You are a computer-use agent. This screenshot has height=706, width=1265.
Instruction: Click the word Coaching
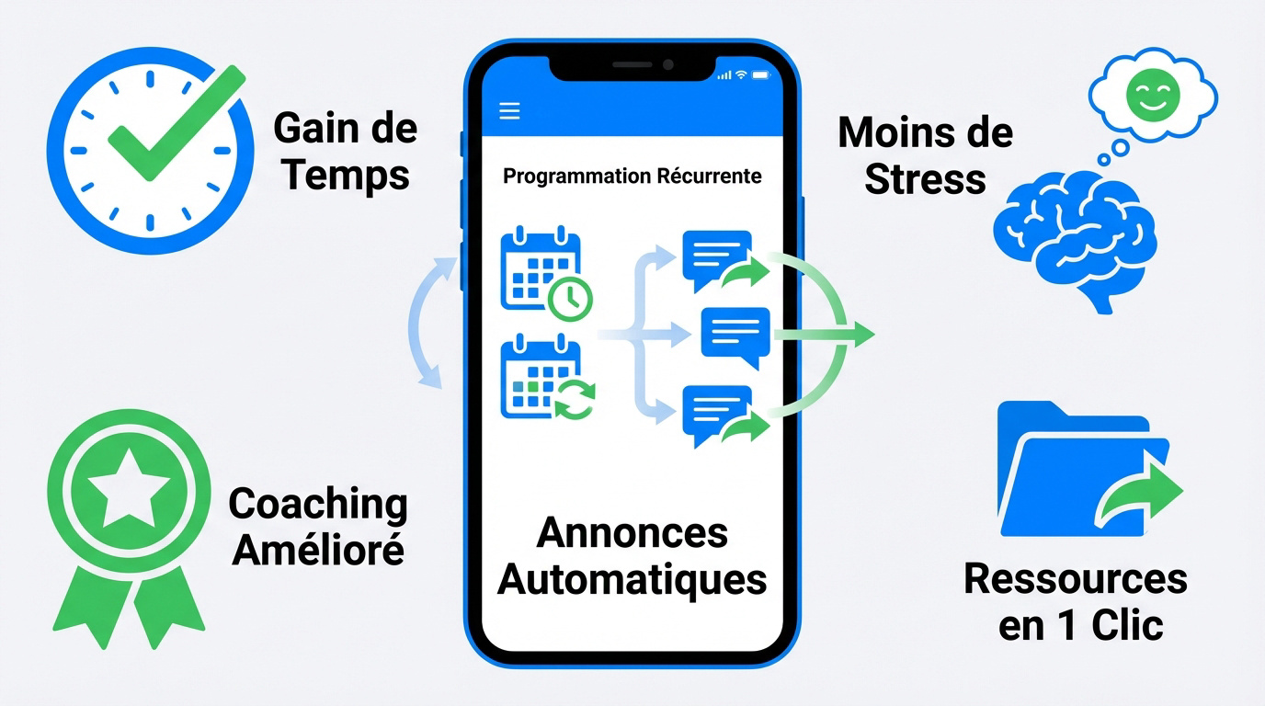tap(317, 504)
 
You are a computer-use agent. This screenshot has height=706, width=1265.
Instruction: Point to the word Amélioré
tap(317, 549)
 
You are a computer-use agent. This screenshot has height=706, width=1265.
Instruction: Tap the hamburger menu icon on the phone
tap(509, 111)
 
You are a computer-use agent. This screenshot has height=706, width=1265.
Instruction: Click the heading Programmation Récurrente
tap(632, 176)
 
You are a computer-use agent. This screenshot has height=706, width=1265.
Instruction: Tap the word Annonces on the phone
tap(632, 532)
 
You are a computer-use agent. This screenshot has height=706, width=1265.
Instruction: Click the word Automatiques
tap(632, 579)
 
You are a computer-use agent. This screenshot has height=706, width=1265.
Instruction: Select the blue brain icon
tap(1076, 234)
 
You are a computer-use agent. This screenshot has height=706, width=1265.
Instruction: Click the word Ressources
tap(1076, 579)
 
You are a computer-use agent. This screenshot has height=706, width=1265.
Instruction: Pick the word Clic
tap(1128, 626)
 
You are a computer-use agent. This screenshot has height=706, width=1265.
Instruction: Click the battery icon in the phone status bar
tap(760, 74)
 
